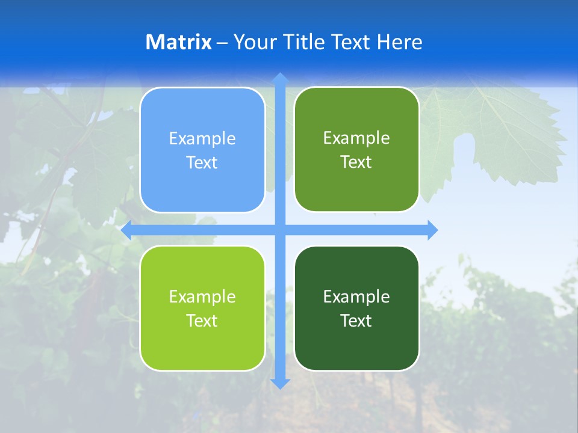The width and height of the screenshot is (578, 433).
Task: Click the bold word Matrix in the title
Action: click(x=179, y=42)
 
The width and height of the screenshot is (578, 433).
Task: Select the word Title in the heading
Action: click(x=306, y=42)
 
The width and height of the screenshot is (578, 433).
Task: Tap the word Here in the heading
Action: click(x=400, y=42)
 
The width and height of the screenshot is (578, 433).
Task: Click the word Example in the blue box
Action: click(x=202, y=139)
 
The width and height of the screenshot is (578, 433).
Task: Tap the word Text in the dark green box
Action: click(x=356, y=321)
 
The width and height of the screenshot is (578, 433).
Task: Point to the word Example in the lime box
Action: click(x=202, y=297)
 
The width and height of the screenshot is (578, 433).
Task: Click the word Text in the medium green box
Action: click(x=356, y=162)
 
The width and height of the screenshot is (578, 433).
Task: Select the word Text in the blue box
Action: click(x=202, y=163)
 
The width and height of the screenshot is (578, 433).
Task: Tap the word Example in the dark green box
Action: click(x=356, y=297)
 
